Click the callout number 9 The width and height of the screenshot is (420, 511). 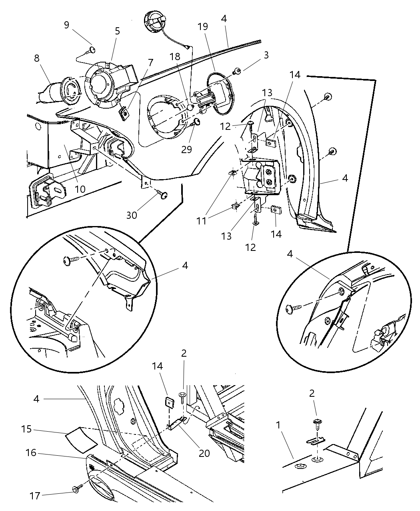[x=66, y=25]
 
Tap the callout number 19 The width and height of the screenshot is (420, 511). [x=203, y=27]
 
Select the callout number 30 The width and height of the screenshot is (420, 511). [x=132, y=215]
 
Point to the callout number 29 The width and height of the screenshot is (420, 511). [x=186, y=149]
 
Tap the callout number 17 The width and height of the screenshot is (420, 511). [x=35, y=496]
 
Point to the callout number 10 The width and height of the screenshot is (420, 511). [x=80, y=189]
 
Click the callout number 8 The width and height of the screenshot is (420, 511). [x=37, y=58]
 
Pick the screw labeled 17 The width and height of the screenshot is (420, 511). [x=76, y=489]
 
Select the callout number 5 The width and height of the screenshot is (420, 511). [x=117, y=31]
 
